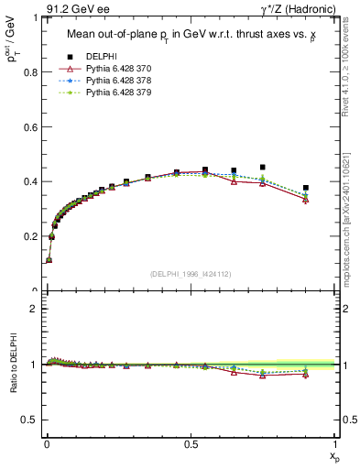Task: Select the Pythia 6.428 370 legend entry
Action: [x=114, y=69]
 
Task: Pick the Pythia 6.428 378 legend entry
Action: [x=114, y=81]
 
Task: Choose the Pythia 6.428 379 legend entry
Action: [x=114, y=93]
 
